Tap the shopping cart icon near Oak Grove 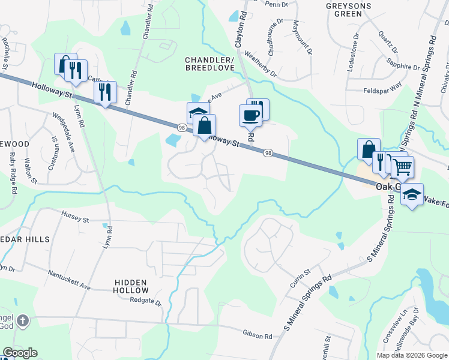(402, 166)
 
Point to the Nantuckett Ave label (70, 280)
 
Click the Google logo (20, 353)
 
